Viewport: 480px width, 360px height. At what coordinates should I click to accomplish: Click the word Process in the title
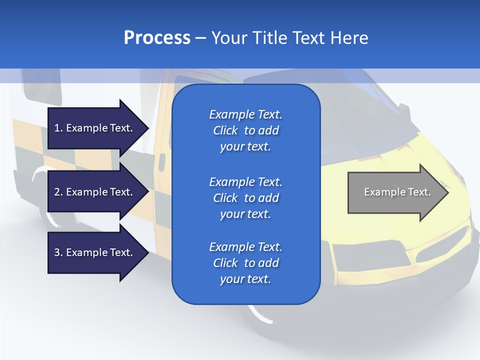click(x=157, y=38)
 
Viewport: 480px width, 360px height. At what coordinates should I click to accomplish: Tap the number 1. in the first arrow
click(x=58, y=128)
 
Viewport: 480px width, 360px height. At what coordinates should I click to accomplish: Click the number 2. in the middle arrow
click(x=58, y=192)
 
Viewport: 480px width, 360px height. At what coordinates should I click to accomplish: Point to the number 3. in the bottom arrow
click(x=58, y=252)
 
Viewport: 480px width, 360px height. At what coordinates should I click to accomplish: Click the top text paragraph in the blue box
click(x=245, y=130)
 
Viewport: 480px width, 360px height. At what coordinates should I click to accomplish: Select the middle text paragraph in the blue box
click(x=245, y=197)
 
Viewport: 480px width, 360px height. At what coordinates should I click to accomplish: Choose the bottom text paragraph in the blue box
click(x=245, y=263)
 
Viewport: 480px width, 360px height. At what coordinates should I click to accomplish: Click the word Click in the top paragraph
click(x=225, y=130)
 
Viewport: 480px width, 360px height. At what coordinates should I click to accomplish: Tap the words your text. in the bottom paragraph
click(x=245, y=279)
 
